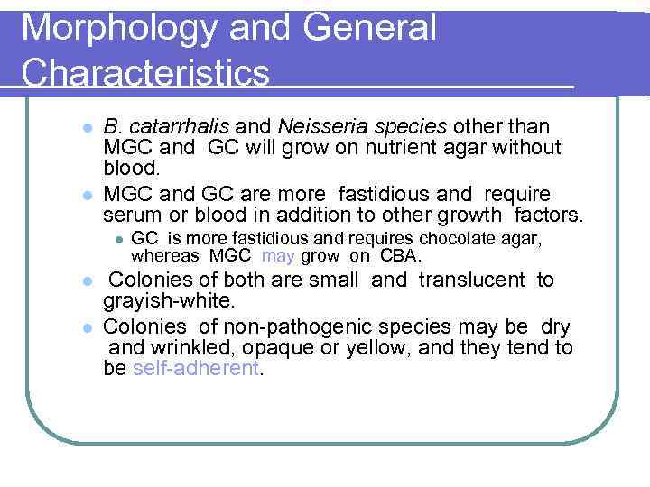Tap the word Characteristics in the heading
pyautogui.click(x=145, y=73)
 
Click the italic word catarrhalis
pyautogui.click(x=172, y=126)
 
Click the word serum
pyautogui.click(x=131, y=216)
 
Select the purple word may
pyautogui.click(x=278, y=255)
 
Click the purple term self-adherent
pyautogui.click(x=195, y=369)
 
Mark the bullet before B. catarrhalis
pyautogui.click(x=86, y=127)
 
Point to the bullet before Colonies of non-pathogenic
pyautogui.click(x=86, y=326)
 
